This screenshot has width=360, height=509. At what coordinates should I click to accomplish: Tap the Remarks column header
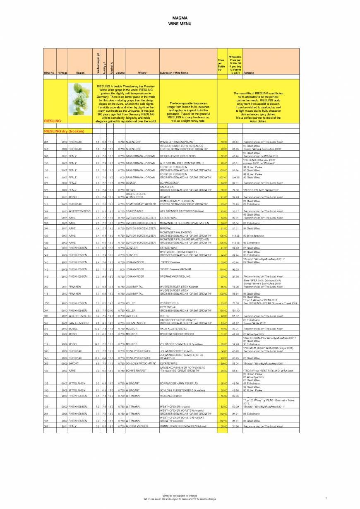click(x=249, y=73)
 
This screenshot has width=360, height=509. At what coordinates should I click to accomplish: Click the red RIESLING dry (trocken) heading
click(x=64, y=131)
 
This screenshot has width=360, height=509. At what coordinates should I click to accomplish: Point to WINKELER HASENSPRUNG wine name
click(x=176, y=142)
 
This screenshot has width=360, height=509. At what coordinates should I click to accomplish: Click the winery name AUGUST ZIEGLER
click(x=137, y=426)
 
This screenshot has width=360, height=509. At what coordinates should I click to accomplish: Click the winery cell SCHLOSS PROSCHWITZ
click(x=140, y=363)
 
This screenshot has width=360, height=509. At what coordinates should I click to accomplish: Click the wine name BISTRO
click(x=165, y=316)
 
